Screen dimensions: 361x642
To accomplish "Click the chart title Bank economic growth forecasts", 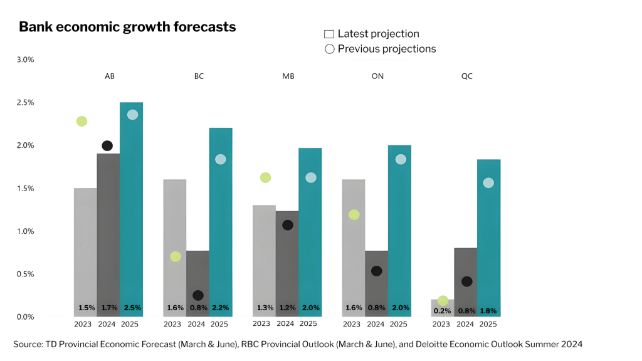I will (x=127, y=27).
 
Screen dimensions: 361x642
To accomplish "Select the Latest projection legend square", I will (x=329, y=34).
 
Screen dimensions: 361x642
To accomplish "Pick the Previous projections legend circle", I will (x=329, y=49).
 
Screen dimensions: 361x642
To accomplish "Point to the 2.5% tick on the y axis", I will (x=24, y=103).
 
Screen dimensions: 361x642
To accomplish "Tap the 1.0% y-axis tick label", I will (x=24, y=231).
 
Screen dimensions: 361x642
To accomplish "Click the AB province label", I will (x=109, y=76).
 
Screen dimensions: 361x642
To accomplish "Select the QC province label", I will (x=466, y=76).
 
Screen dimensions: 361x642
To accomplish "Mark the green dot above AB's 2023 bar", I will (x=82, y=121).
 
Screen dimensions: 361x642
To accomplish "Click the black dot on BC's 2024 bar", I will (x=198, y=295).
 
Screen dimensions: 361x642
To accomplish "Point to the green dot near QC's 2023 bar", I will (x=443, y=301).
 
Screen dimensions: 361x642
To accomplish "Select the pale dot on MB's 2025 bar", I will (x=311, y=177).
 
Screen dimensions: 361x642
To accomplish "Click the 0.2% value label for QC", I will (x=443, y=311).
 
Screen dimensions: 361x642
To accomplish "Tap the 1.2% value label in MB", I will (x=288, y=308).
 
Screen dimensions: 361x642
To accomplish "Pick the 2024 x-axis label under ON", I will (x=376, y=325).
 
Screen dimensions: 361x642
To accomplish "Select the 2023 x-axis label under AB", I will (x=83, y=325).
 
